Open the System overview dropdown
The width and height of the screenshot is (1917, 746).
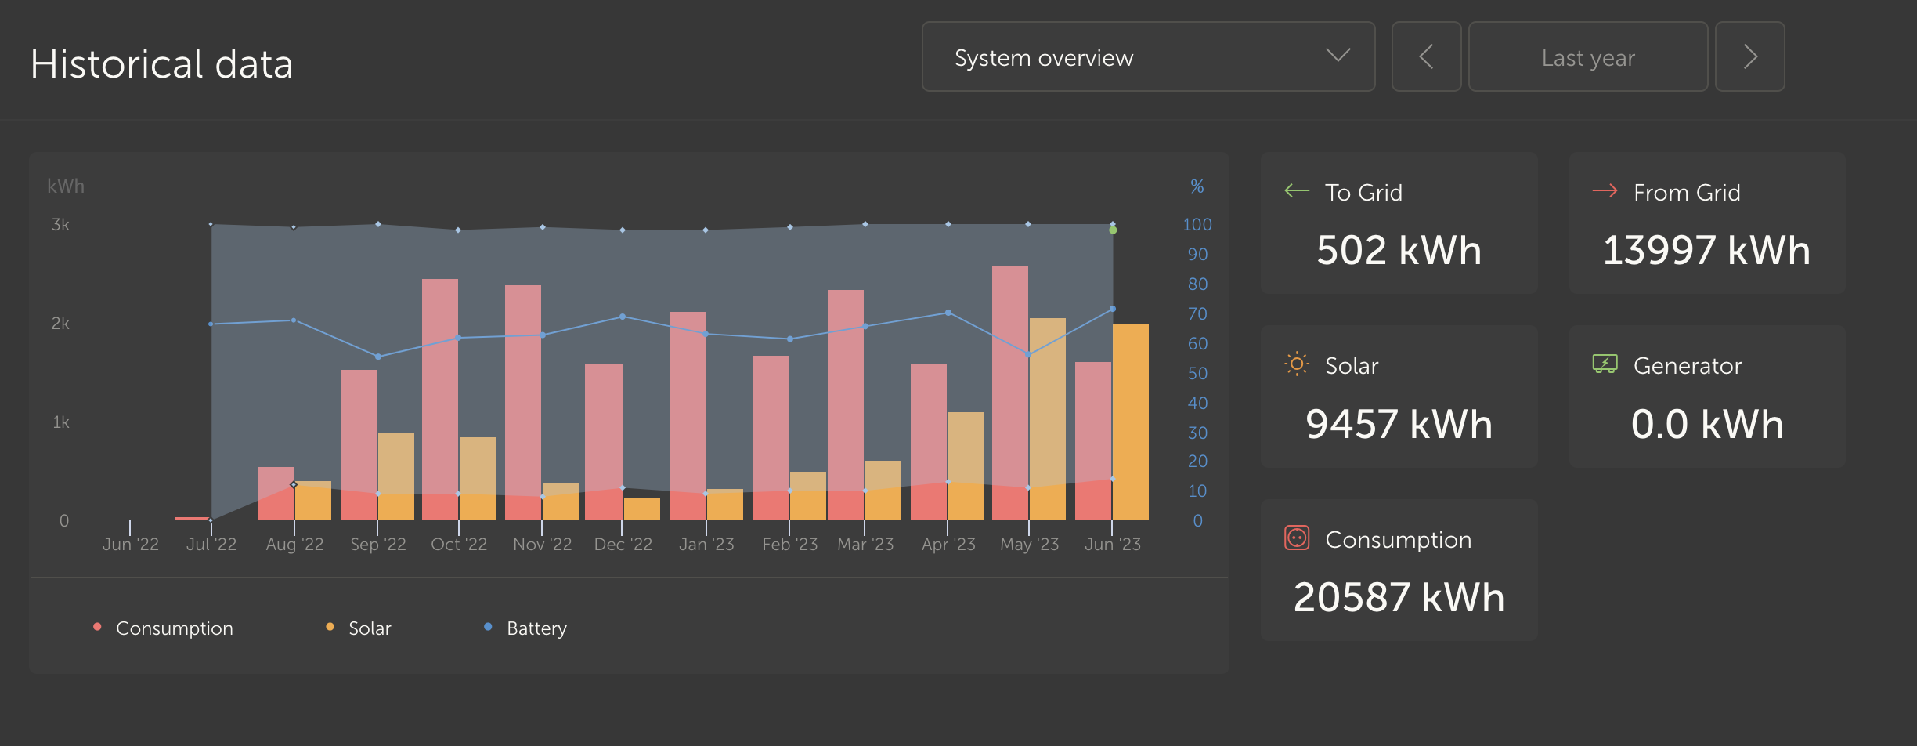pos(1148,56)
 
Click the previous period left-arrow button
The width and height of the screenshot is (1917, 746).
pos(1426,56)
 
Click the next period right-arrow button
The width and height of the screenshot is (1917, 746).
pos(1749,56)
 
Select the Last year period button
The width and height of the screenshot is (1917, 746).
pos(1588,56)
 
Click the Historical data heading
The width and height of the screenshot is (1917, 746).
pos(161,63)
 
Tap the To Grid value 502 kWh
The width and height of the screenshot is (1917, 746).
pos(1399,251)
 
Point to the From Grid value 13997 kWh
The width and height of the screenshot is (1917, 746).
pos(1706,251)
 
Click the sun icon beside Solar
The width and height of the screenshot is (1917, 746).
pos(1297,364)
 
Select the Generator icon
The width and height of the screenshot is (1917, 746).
pos(1605,364)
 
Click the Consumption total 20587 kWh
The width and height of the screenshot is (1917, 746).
pos(1399,597)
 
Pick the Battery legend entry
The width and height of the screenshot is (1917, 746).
pos(525,628)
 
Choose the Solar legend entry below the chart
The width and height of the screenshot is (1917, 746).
pos(359,628)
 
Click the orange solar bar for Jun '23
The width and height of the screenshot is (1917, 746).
pos(1131,422)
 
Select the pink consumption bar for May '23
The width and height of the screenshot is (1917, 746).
pos(1010,393)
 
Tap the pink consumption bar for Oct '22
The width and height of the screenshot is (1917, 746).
pos(440,400)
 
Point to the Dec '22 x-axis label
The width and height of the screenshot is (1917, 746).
pos(623,544)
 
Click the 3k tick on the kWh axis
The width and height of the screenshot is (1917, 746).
pos(60,225)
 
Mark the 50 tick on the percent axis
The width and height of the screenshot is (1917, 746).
pos(1197,373)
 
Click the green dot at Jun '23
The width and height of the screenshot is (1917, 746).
pos(1113,230)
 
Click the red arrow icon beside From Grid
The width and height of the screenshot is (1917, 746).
pos(1605,190)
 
